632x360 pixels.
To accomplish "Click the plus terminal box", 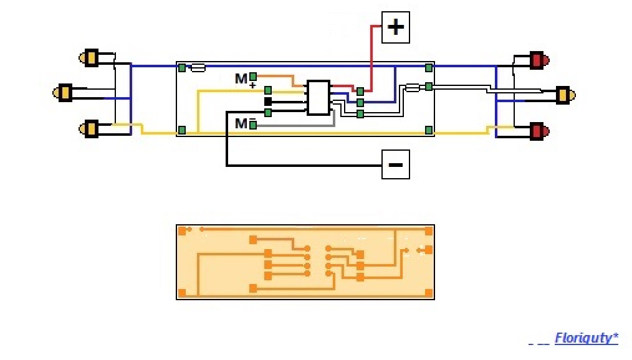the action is [x=395, y=27].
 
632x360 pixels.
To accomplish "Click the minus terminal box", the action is [x=395, y=164].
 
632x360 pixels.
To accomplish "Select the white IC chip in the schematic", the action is [x=318, y=98].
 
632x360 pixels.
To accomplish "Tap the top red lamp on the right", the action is [x=539, y=60].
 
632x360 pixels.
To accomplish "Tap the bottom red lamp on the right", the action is [x=539, y=131].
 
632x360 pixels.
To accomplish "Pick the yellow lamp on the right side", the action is [x=565, y=95].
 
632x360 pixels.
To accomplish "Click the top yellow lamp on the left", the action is [x=89, y=58].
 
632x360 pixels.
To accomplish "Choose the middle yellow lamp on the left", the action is [x=62, y=93].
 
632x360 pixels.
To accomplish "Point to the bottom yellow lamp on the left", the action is [x=89, y=129].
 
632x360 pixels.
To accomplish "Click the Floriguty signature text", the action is [x=586, y=338].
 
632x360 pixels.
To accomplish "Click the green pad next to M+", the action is [x=252, y=77].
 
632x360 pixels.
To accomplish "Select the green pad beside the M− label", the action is [x=252, y=125].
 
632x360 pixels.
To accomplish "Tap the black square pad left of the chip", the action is [x=267, y=102].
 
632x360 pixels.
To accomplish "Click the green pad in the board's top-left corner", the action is [x=182, y=68].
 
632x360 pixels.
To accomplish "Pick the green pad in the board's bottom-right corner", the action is [x=429, y=130].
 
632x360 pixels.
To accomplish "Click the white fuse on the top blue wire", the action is [x=198, y=68].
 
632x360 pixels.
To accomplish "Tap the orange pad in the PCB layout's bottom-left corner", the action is [x=182, y=293].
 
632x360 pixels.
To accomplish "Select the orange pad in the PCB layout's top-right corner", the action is [x=429, y=230].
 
